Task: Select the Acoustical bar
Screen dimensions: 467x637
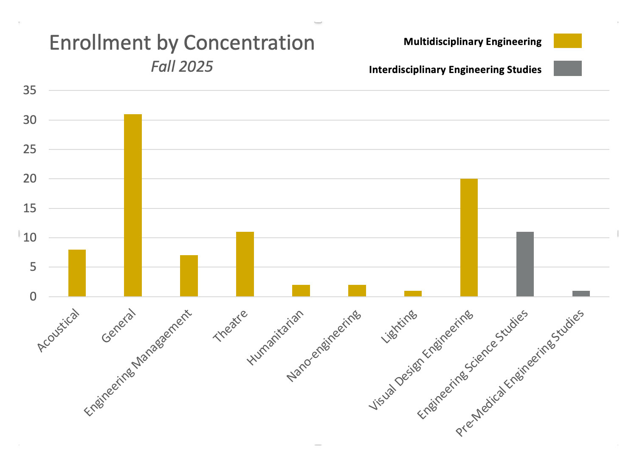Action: pyautogui.click(x=77, y=273)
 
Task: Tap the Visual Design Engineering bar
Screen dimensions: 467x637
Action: pyautogui.click(x=469, y=238)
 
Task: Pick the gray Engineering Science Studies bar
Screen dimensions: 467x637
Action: pyautogui.click(x=525, y=264)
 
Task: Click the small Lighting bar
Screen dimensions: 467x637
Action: pyautogui.click(x=413, y=293)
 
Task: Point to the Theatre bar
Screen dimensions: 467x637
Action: pyautogui.click(x=245, y=264)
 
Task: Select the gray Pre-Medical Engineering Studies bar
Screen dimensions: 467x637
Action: pyautogui.click(x=581, y=293)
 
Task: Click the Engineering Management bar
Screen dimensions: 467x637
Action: pyautogui.click(x=189, y=276)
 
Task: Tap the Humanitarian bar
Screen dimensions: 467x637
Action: pyautogui.click(x=301, y=290)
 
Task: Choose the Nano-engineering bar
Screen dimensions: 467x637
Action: pyautogui.click(x=357, y=290)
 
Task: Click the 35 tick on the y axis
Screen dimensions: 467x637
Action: pyautogui.click(x=30, y=90)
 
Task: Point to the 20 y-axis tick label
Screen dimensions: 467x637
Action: pyautogui.click(x=30, y=179)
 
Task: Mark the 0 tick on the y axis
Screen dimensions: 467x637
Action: pyautogui.click(x=33, y=297)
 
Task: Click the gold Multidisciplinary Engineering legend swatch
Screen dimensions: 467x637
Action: pyautogui.click(x=567, y=41)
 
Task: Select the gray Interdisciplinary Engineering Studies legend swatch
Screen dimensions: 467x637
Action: pyautogui.click(x=567, y=68)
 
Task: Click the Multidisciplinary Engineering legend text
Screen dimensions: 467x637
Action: pyautogui.click(x=472, y=42)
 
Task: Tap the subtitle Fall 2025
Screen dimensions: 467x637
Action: pyautogui.click(x=182, y=67)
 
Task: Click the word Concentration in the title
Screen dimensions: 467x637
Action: pyautogui.click(x=249, y=43)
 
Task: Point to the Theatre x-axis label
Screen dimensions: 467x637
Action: pyautogui.click(x=231, y=326)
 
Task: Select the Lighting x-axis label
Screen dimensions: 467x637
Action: pyautogui.click(x=399, y=326)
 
